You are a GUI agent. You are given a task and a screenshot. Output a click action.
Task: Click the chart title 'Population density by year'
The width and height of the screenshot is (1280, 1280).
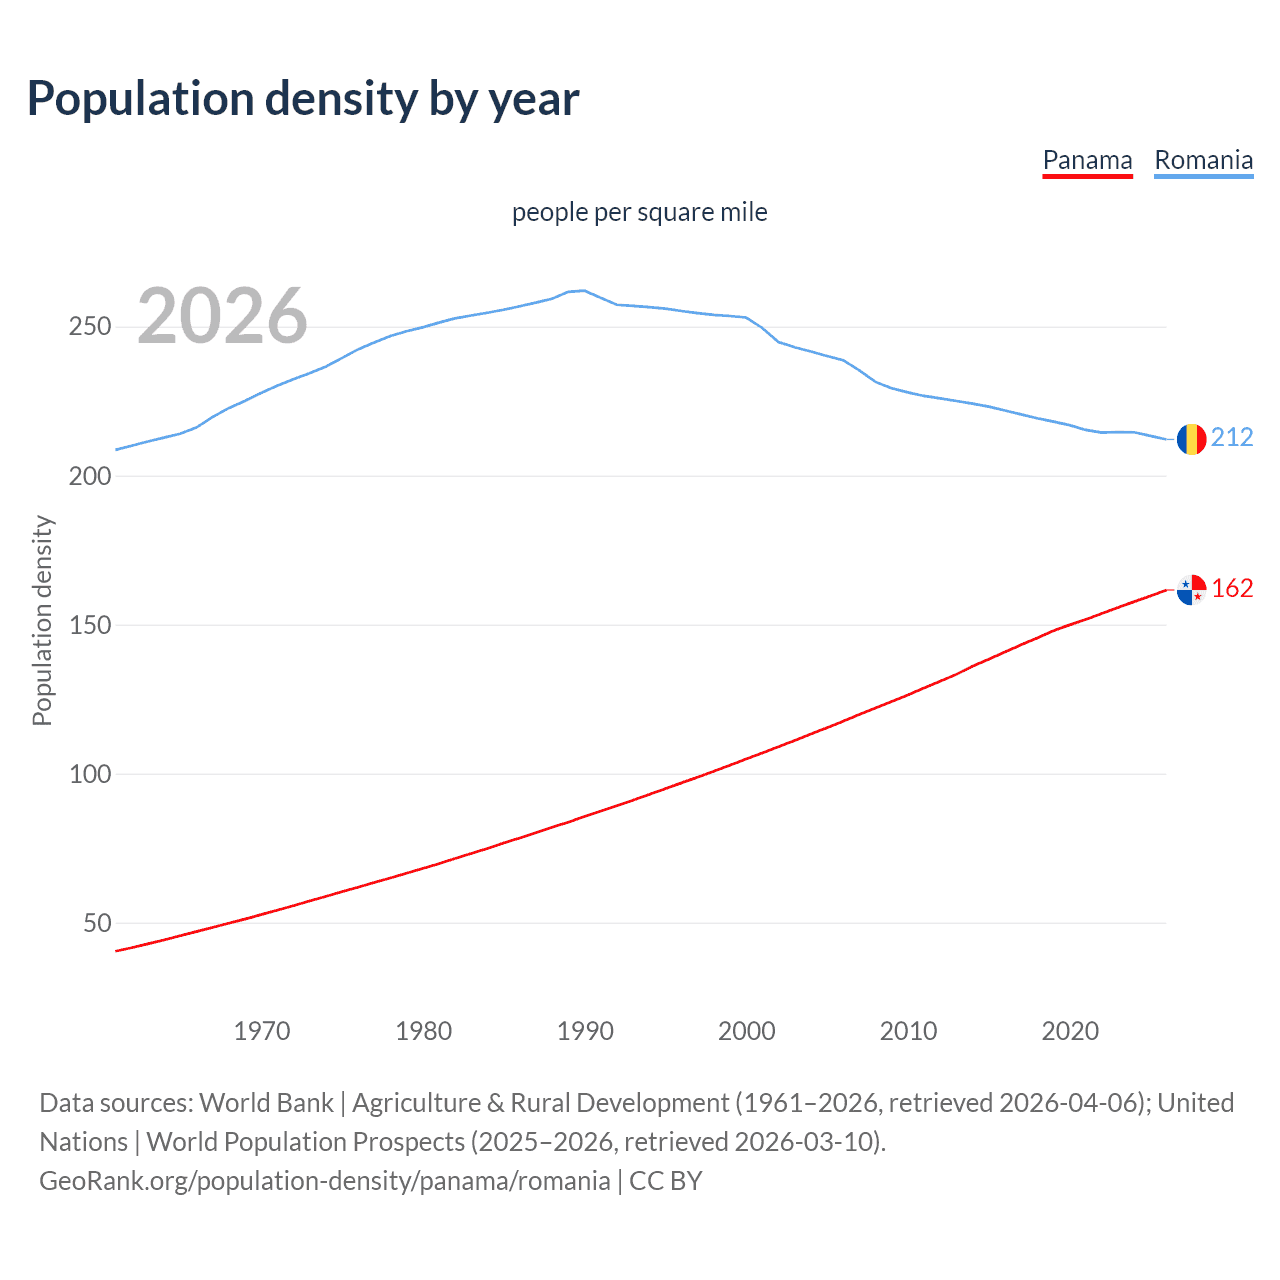pos(303,99)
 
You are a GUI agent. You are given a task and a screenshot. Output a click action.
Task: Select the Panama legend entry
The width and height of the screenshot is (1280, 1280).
pos(1087,160)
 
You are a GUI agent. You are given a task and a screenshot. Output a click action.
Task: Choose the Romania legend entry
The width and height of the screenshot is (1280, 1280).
pos(1203,160)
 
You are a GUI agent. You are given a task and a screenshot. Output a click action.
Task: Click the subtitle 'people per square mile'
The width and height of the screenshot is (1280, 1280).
pos(639,212)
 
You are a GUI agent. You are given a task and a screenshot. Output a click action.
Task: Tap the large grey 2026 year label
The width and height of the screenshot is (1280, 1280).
pos(222,316)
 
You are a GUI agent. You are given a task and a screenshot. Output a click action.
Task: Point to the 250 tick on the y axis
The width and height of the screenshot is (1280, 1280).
pos(90,327)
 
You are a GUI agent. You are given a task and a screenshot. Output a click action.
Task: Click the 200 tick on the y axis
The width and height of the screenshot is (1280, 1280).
pos(90,476)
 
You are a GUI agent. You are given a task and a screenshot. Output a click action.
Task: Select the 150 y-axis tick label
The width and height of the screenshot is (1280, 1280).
pos(90,625)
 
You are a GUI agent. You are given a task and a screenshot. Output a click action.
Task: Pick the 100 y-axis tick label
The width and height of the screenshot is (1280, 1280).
pos(90,774)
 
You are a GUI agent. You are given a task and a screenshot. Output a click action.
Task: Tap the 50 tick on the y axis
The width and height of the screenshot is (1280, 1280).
pos(97,923)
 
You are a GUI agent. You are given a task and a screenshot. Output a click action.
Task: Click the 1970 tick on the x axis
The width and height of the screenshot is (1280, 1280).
pos(262,1031)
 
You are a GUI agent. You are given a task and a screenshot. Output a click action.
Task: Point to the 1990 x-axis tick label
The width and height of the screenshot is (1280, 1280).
pos(585,1031)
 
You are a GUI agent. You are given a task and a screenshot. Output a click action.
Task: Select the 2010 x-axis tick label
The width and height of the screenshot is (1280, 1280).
pos(908,1031)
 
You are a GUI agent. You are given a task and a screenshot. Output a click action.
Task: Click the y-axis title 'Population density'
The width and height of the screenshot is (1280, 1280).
pos(42,620)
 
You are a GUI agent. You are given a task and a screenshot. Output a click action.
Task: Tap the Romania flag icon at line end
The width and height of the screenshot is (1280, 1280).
pos(1191,439)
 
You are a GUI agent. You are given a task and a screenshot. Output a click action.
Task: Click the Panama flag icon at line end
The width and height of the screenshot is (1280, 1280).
pos(1191,590)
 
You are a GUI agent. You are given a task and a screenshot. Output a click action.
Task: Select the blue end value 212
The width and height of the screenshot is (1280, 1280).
pos(1232,437)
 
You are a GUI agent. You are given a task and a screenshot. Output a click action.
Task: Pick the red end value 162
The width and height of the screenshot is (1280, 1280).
pos(1232,588)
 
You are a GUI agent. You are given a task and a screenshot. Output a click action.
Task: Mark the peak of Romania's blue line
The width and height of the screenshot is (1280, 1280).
pos(584,290)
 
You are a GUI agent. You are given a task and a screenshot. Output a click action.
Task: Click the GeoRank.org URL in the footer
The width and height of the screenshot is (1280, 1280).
pos(325,1181)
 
